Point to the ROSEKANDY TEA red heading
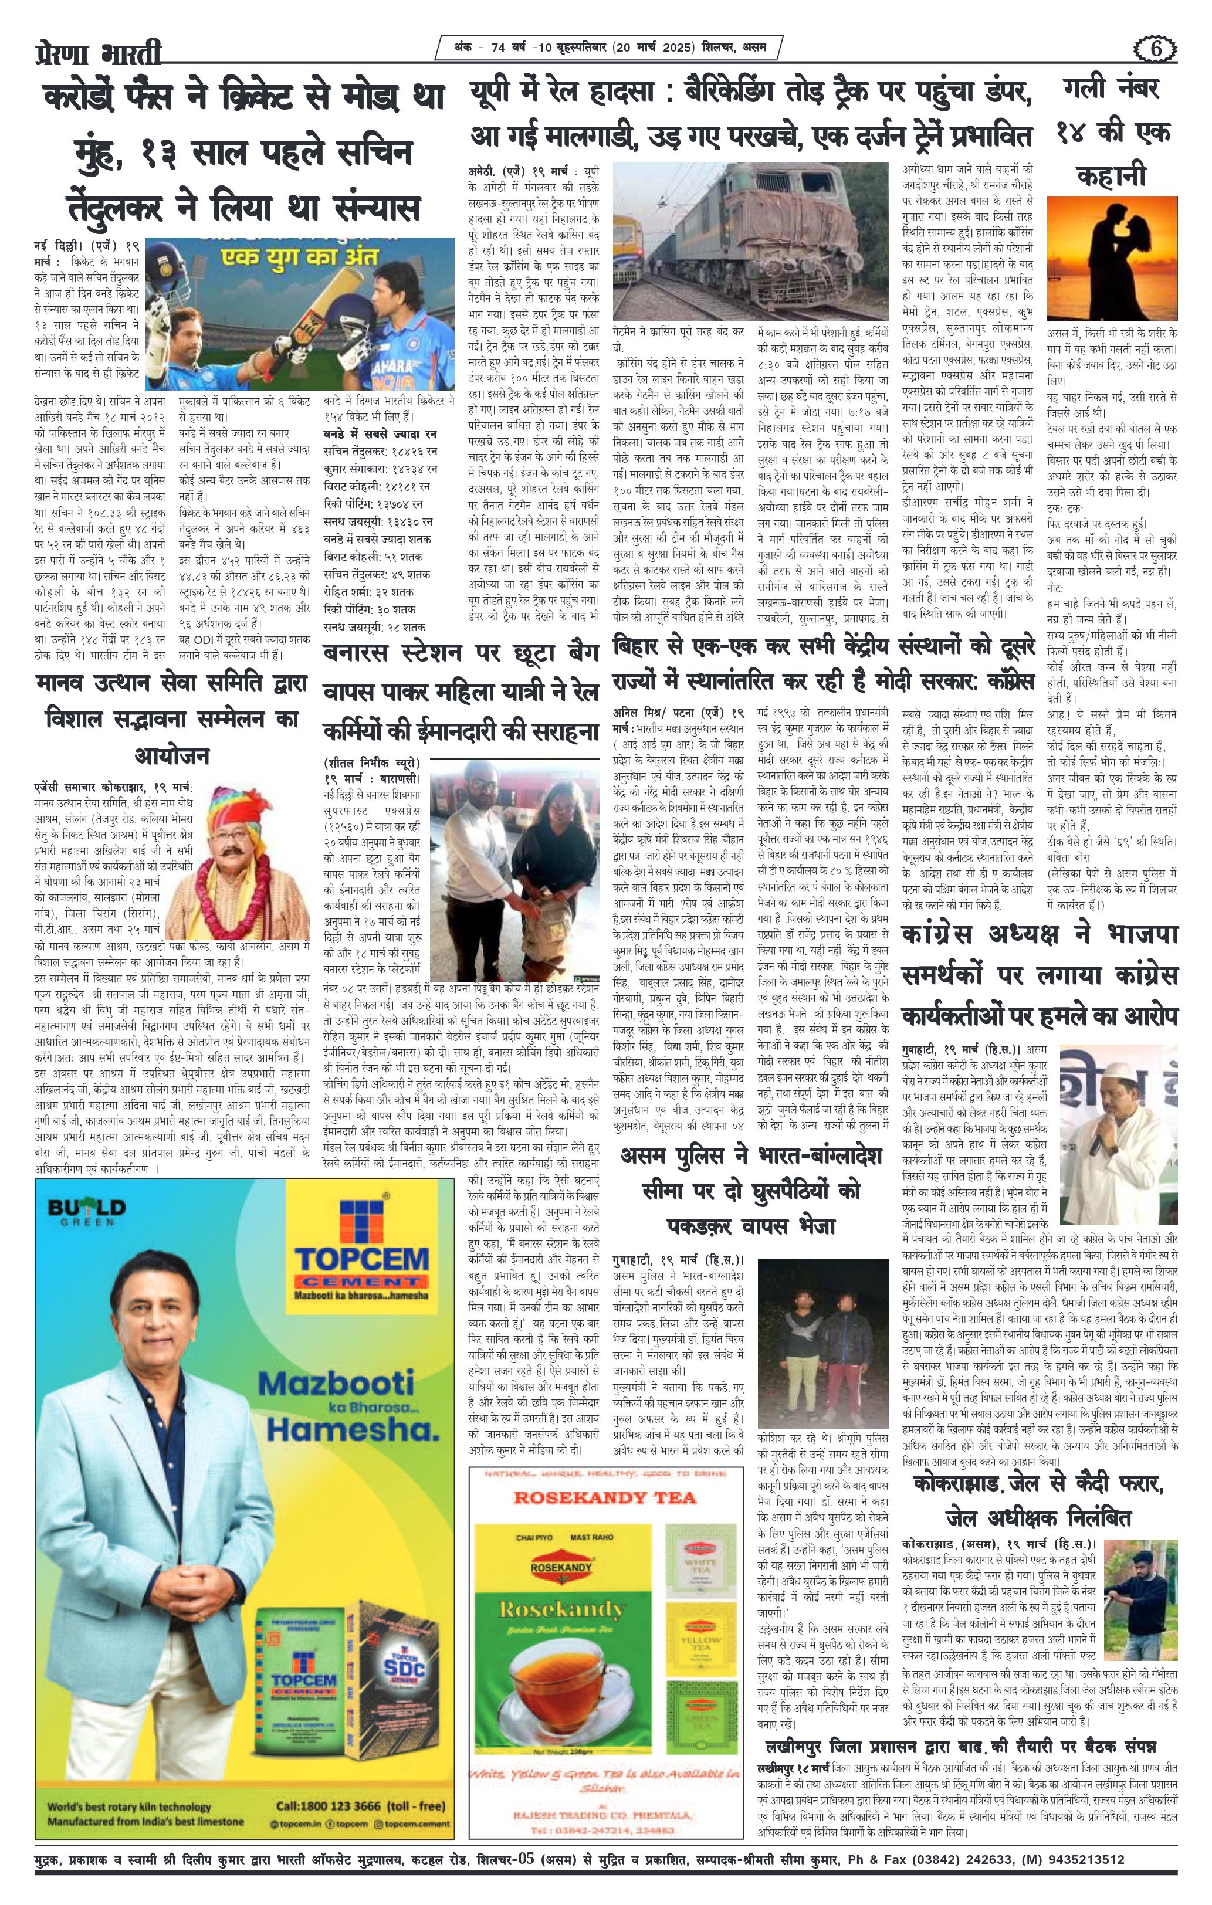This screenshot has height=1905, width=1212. (x=605, y=1496)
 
